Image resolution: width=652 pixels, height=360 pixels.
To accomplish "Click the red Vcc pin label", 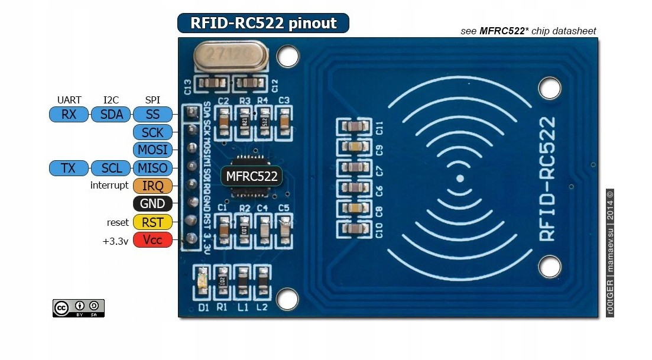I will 153,240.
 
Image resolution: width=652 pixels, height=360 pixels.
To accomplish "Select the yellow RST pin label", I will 153,222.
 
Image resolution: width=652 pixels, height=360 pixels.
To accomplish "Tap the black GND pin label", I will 153,205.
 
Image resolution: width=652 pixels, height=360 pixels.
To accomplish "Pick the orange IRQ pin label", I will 153,186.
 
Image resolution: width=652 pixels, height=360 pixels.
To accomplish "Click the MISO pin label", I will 153,168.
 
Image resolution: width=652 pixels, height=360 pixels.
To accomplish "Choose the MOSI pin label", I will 153,150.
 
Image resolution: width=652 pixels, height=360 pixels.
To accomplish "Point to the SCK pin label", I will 153,132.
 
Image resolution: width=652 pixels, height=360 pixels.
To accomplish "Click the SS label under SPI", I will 153,114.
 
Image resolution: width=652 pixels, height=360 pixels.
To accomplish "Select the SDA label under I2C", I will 111,114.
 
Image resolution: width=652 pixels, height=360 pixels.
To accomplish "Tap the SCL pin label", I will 111,168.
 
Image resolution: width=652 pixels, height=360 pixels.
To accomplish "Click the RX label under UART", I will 69,114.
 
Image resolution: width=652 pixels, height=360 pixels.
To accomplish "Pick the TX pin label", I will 69,168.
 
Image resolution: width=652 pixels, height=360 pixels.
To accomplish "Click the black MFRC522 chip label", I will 251,176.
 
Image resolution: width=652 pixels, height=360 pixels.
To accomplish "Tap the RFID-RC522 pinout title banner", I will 263,23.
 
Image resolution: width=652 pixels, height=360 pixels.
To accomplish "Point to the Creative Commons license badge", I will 79,307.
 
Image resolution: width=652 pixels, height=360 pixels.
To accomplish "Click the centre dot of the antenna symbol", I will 460,179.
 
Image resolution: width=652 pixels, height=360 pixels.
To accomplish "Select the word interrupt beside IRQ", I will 109,186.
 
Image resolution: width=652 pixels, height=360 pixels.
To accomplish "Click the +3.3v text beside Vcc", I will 115,241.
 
